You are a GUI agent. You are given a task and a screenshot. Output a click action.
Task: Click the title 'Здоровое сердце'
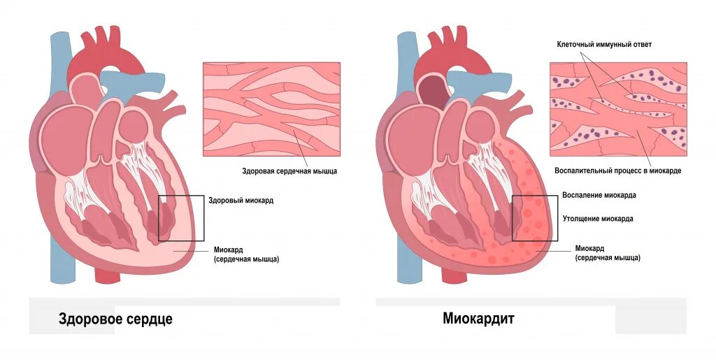pyautogui.click(x=115, y=319)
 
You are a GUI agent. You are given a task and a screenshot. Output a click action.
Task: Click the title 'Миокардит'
pyautogui.click(x=478, y=319)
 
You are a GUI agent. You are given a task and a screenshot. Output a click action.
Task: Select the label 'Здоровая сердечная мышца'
pyautogui.click(x=289, y=171)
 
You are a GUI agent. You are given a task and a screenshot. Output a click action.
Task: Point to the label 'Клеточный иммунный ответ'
pyautogui.click(x=604, y=45)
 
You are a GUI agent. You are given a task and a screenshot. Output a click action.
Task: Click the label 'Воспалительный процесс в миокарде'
pyautogui.click(x=617, y=171)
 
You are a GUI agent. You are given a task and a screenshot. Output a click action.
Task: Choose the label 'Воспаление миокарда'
pyautogui.click(x=599, y=196)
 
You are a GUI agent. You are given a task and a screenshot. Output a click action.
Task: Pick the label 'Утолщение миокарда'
pyautogui.click(x=598, y=219)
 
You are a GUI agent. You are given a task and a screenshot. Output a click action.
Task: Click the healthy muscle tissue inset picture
pyautogui.click(x=271, y=108)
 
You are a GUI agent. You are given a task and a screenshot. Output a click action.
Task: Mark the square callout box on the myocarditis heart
pyautogui.click(x=535, y=218)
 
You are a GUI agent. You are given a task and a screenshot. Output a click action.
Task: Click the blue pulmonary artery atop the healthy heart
pyautogui.click(x=143, y=80)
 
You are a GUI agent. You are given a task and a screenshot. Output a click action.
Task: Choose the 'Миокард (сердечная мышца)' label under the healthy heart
pyautogui.click(x=247, y=254)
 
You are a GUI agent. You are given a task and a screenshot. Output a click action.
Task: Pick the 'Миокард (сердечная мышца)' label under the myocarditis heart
pyautogui.click(x=608, y=253)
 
